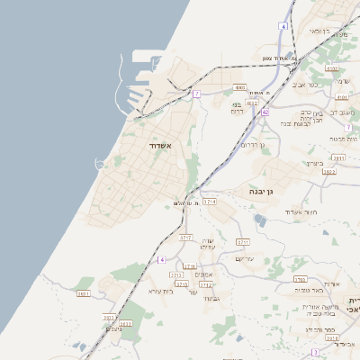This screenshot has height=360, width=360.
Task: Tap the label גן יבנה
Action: coord(255,191)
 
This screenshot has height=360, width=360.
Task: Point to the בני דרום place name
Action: coord(238,105)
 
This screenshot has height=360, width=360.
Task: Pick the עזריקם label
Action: coord(246,258)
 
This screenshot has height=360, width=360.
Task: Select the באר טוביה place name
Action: coord(308,290)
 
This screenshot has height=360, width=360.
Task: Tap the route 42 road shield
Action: coord(265,112)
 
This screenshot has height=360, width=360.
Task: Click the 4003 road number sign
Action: coord(239,87)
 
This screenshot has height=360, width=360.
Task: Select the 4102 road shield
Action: coord(331,68)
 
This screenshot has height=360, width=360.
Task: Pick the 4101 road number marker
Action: coord(340,96)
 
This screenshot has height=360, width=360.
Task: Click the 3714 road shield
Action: coord(211,202)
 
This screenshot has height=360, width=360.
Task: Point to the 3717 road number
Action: coord(186,238)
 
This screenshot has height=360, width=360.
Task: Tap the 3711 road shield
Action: coord(242,242)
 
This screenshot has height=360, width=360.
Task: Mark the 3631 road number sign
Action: coord(84,293)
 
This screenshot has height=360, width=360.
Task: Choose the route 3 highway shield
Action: coord(315,352)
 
